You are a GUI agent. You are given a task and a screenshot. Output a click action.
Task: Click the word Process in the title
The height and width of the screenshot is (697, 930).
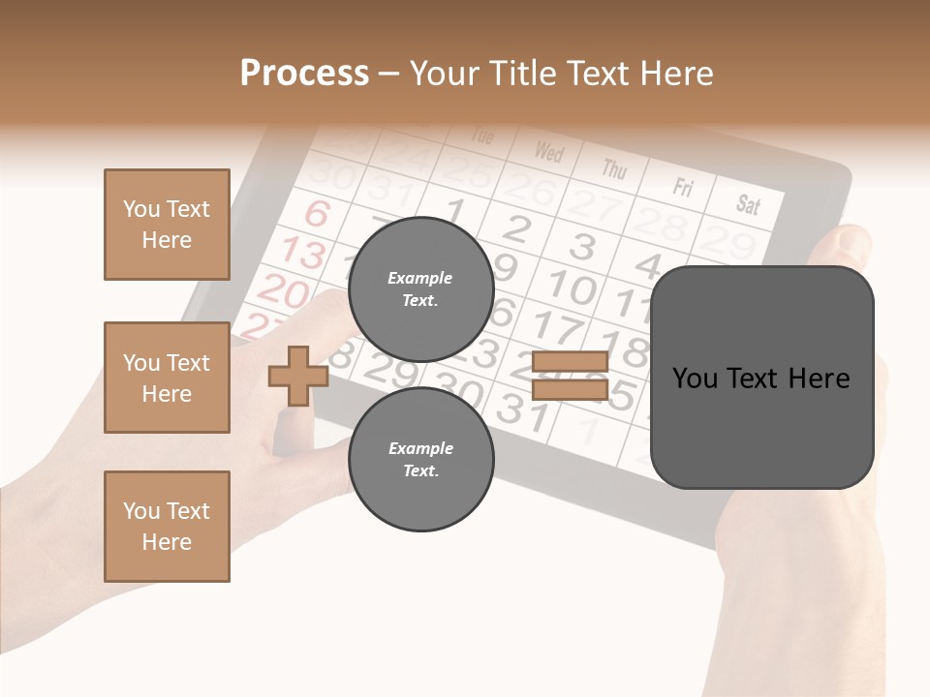click(304, 74)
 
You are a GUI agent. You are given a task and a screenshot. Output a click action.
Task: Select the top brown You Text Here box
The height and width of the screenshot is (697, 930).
click(167, 225)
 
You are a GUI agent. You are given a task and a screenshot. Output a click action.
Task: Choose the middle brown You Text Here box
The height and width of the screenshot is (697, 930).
click(167, 378)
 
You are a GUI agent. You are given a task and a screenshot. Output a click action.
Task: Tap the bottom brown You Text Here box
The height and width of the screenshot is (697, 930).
click(167, 527)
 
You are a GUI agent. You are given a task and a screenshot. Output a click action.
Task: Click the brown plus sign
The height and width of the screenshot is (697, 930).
click(298, 376)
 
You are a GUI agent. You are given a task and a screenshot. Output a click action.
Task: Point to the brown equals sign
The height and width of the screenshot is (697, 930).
click(571, 376)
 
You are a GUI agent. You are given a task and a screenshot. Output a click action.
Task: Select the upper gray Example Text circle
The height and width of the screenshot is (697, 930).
click(420, 289)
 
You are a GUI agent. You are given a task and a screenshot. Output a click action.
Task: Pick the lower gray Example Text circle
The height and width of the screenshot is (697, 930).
click(420, 460)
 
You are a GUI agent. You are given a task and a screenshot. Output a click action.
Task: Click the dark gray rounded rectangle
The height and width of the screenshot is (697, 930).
click(761, 378)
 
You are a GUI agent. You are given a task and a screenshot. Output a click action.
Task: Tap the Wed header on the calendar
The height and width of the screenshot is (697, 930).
click(549, 152)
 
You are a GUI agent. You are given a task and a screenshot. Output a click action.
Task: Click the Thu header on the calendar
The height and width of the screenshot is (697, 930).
click(614, 168)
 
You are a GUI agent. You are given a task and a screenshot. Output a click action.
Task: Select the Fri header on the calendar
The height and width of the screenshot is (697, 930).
click(683, 186)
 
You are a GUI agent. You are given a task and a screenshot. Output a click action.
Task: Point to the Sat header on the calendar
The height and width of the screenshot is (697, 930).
click(748, 203)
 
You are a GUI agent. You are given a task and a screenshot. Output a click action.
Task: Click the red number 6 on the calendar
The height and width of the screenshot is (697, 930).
click(318, 213)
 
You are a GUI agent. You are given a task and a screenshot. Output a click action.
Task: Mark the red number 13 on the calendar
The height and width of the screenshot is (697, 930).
click(303, 254)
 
